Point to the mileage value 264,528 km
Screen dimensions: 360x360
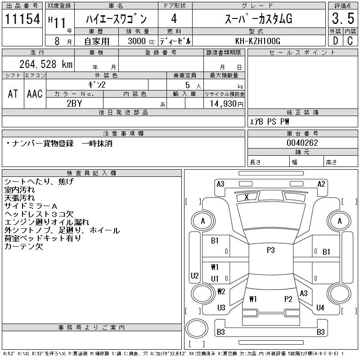tap(46, 64)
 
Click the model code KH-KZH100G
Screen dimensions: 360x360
tap(258, 41)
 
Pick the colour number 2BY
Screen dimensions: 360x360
tap(74, 103)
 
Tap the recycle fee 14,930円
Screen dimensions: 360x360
tap(225, 103)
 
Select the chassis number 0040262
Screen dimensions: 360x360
tap(302, 143)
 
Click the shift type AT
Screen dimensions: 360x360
tap(13, 94)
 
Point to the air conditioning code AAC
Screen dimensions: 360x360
tap(35, 94)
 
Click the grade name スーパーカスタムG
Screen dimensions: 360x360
tap(258, 19)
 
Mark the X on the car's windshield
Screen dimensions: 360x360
tap(246, 197)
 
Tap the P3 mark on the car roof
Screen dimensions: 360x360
tap(270, 250)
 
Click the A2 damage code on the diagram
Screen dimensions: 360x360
tap(321, 184)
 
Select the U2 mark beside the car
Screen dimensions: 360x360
tap(194, 276)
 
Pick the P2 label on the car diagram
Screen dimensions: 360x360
tap(288, 299)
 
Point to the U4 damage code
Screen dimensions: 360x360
tap(320, 308)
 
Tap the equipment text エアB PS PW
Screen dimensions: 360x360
tap(270, 121)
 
